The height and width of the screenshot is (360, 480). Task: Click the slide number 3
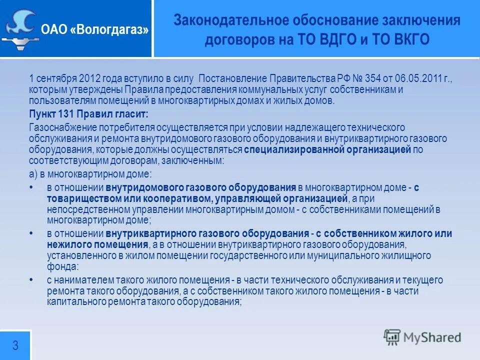pos(15,345)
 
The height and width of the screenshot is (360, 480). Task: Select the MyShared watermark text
pos(430,337)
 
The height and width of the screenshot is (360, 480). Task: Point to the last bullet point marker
pos(32,280)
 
